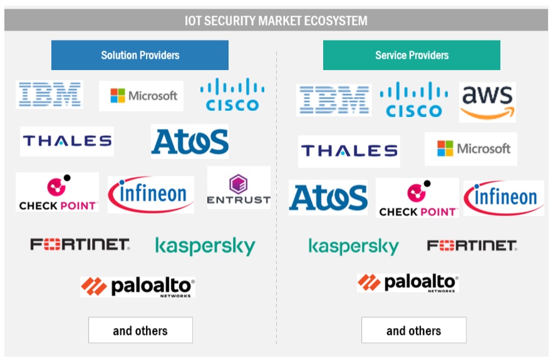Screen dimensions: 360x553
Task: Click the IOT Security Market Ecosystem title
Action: pyautogui.click(x=276, y=21)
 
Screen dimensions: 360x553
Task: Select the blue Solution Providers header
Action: pyautogui.click(x=140, y=55)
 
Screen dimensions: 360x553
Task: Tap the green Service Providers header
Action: pyautogui.click(x=411, y=55)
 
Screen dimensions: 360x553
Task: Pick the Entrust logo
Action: pyautogui.click(x=239, y=188)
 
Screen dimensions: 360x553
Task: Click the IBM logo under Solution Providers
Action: pyautogui.click(x=49, y=95)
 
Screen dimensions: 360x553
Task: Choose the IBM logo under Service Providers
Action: pyautogui.click(x=334, y=100)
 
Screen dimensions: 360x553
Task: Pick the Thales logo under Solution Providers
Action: pyautogui.click(x=67, y=141)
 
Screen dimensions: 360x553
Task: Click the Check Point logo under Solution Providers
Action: pyautogui.click(x=58, y=192)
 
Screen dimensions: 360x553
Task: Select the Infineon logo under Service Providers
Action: pyautogui.click(x=504, y=197)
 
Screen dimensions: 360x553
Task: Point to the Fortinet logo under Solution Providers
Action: pyautogui.click(x=80, y=244)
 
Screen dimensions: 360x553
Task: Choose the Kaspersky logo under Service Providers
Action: pyautogui.click(x=353, y=245)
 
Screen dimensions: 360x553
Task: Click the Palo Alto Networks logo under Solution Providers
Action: pyautogui.click(x=138, y=287)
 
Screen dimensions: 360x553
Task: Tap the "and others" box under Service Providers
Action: pyautogui.click(x=413, y=330)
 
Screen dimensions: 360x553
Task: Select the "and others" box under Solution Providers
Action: pyautogui.click(x=140, y=330)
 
